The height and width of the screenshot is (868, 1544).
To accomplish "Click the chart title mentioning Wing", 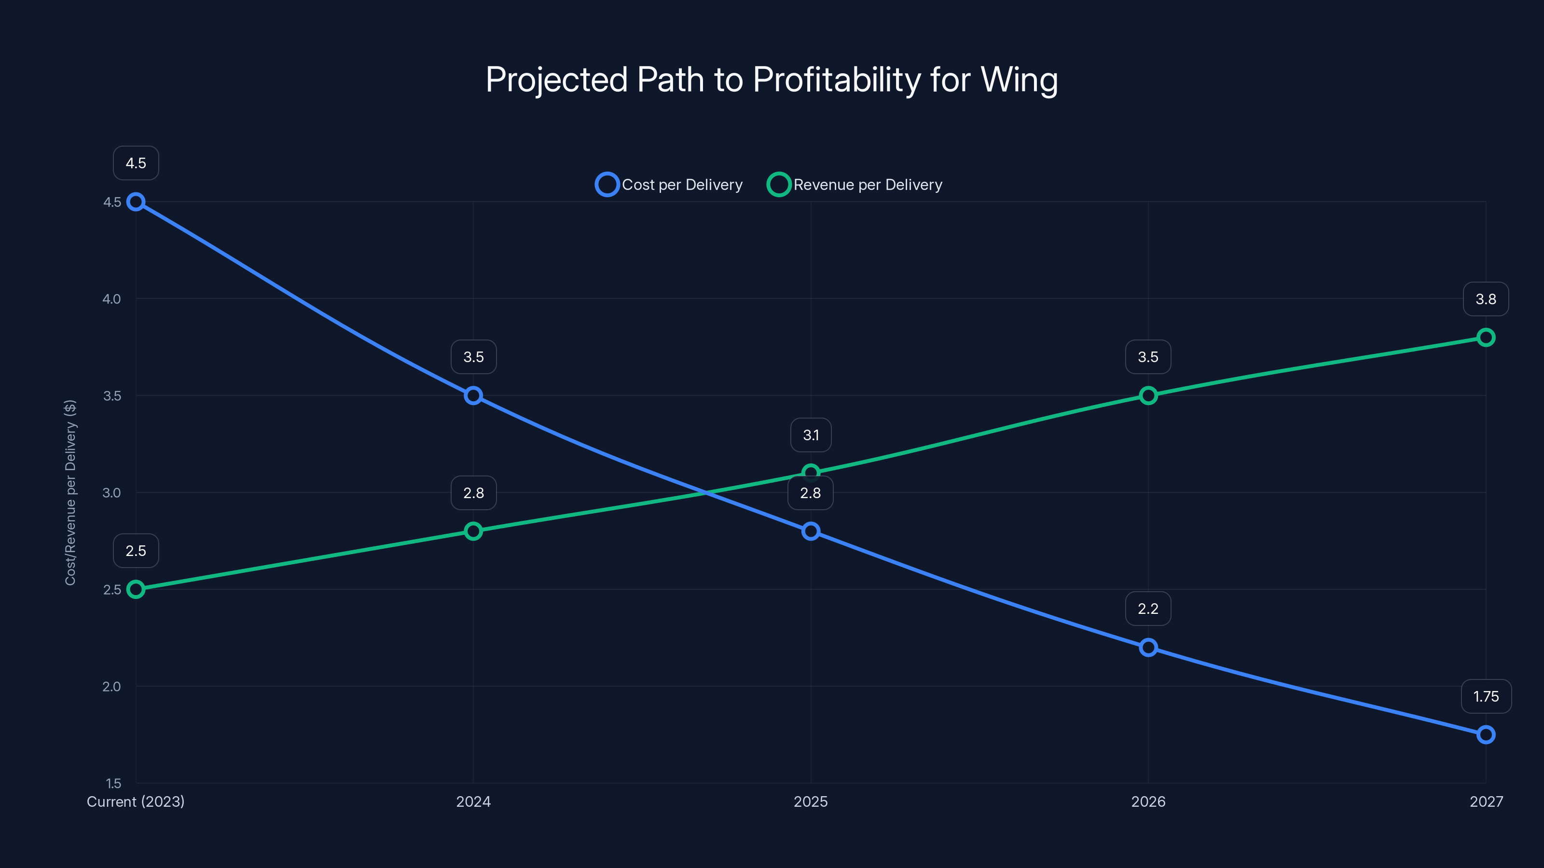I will tap(772, 80).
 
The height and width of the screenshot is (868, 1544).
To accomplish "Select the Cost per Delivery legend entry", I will tap(669, 185).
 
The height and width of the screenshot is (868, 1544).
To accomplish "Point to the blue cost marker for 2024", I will tap(473, 395).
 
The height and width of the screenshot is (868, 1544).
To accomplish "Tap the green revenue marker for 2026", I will tap(1148, 395).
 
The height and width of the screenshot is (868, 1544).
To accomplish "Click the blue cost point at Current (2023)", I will tap(136, 202).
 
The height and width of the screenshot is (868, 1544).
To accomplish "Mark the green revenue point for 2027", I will tap(1485, 337).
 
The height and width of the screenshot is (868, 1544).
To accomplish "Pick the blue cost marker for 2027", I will tap(1485, 734).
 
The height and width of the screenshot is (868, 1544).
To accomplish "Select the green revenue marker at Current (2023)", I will tap(136, 589).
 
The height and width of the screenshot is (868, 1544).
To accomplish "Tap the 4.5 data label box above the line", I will tap(136, 163).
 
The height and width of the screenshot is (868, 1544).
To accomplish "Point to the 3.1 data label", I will tap(811, 435).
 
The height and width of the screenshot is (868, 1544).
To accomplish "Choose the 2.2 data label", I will tap(1148, 609).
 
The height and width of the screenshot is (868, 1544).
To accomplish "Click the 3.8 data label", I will tap(1485, 299).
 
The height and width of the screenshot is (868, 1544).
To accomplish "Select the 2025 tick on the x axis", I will tap(811, 801).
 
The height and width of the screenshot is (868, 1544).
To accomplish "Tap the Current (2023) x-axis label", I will tap(136, 801).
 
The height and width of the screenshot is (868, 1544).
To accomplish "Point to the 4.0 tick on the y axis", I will tap(111, 299).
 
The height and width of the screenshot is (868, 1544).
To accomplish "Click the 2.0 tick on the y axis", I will tap(111, 687).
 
